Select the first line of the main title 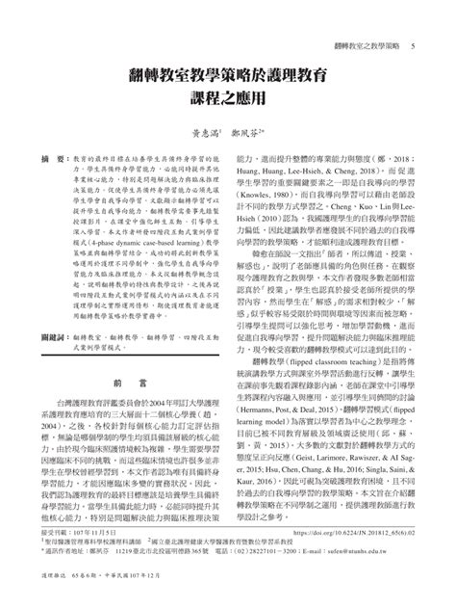click(x=228, y=73)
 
